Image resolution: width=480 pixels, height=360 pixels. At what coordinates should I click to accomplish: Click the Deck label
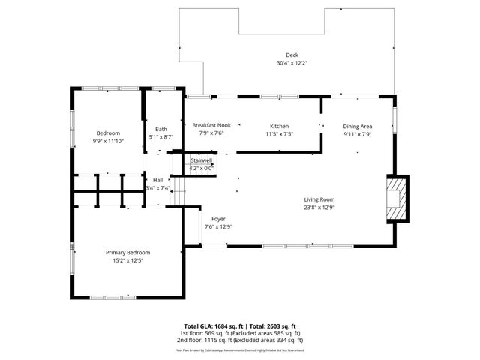(x=291, y=55)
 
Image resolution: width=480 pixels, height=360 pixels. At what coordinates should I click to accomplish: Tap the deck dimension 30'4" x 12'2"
(x=291, y=63)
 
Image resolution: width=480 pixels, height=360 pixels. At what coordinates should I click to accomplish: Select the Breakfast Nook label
(x=211, y=125)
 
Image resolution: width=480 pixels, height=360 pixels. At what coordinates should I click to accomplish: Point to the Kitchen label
(x=279, y=125)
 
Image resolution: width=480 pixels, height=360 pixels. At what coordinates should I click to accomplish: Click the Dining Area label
(x=358, y=126)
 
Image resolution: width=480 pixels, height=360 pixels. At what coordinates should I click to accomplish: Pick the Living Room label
(x=319, y=199)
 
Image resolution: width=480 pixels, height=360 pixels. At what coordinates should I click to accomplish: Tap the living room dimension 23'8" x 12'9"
(x=319, y=207)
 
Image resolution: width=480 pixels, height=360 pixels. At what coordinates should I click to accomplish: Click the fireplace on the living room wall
(x=396, y=199)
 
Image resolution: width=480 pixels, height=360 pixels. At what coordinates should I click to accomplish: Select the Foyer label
(x=218, y=218)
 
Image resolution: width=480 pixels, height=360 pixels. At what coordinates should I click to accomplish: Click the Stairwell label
(x=202, y=160)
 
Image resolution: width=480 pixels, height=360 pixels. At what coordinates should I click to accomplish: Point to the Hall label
(x=157, y=180)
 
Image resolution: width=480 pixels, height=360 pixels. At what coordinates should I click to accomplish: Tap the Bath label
(x=161, y=129)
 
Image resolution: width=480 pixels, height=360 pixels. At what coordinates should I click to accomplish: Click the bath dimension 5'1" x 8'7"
(x=161, y=137)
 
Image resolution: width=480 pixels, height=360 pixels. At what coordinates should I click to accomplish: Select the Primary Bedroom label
(x=127, y=253)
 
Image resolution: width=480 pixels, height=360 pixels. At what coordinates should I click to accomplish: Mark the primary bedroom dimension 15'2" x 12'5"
(x=127, y=261)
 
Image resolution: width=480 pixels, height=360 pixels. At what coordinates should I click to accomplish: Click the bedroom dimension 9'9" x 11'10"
(x=107, y=141)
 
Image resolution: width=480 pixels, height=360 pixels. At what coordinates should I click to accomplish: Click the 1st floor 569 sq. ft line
(x=239, y=332)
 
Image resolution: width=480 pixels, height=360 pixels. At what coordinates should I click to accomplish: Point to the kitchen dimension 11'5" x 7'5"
(x=279, y=133)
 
